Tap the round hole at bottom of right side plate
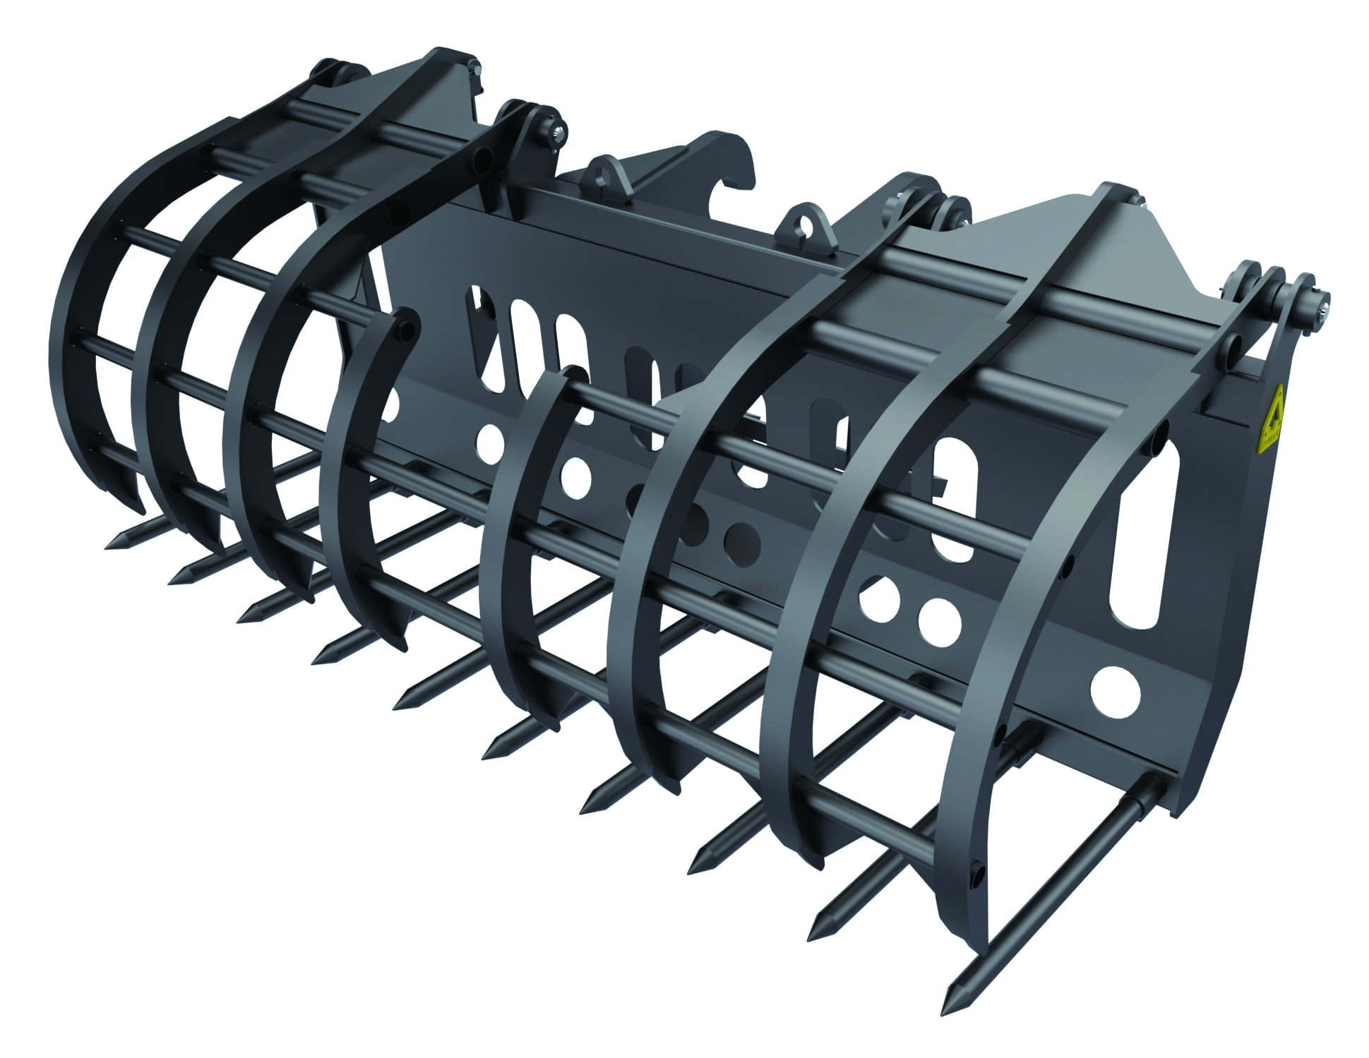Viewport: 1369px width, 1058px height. click(1115, 691)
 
